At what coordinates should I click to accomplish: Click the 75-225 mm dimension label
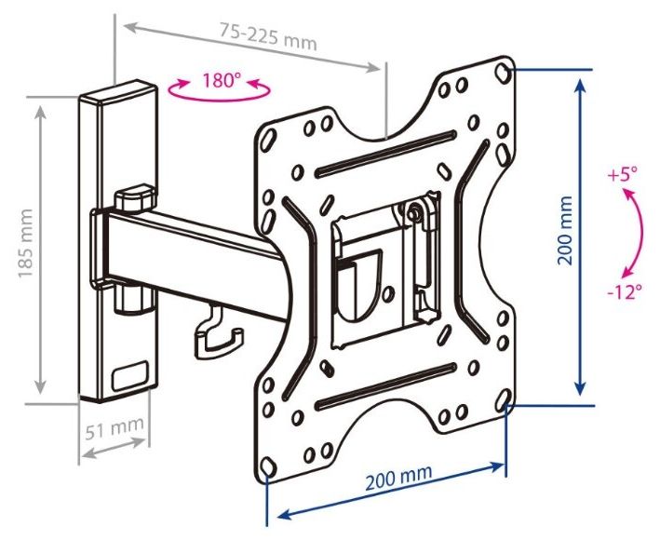click(x=268, y=35)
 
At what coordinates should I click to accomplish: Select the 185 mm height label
click(x=26, y=243)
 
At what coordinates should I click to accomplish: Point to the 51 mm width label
click(x=114, y=428)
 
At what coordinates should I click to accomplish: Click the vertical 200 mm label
click(x=565, y=230)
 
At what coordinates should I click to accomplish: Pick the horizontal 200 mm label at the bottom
click(x=398, y=477)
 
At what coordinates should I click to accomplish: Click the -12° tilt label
click(x=625, y=290)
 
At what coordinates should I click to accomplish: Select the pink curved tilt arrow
click(x=640, y=233)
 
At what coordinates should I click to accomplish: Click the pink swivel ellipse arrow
click(x=219, y=98)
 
